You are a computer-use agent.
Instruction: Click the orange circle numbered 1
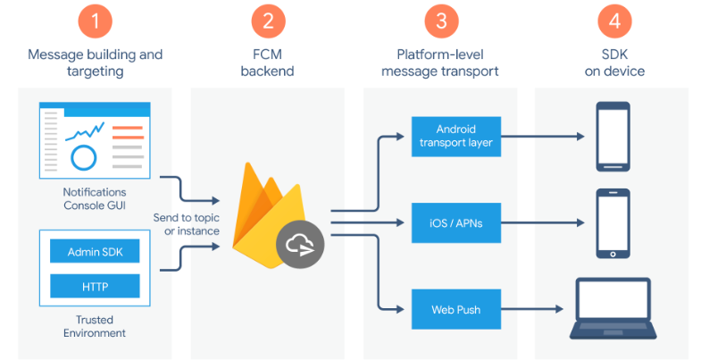click(96, 20)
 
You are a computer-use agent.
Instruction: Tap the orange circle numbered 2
click(268, 20)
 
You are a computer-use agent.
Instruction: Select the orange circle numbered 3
click(440, 20)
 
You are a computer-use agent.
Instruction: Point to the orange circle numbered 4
click(613, 20)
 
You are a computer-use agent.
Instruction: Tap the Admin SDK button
click(96, 252)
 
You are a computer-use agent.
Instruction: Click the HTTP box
click(96, 286)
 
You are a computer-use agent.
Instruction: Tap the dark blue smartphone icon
click(613, 136)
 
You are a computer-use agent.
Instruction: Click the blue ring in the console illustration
click(84, 158)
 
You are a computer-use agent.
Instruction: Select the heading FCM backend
click(268, 63)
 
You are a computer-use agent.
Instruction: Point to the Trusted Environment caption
click(95, 326)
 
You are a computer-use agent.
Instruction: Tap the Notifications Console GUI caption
click(95, 198)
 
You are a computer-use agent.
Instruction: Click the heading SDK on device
click(613, 63)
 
